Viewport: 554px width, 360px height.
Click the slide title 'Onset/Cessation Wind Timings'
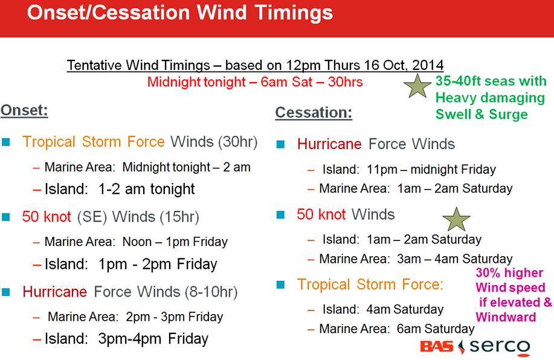(x=180, y=13)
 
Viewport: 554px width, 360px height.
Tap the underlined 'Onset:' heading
(x=24, y=110)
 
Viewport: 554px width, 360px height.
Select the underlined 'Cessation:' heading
(x=314, y=113)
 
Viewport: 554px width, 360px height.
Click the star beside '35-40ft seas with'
(x=417, y=86)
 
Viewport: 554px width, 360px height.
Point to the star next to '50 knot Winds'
(x=456, y=219)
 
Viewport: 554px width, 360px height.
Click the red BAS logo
(x=437, y=347)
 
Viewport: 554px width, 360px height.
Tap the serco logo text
(x=500, y=347)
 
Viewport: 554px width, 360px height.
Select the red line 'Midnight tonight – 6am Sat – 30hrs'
(x=255, y=82)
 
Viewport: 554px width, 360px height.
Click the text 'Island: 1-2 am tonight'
(x=120, y=189)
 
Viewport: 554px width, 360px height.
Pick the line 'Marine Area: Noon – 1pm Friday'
(x=136, y=242)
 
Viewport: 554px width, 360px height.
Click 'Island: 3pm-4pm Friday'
(x=126, y=339)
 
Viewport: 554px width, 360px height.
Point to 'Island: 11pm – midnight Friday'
(x=409, y=170)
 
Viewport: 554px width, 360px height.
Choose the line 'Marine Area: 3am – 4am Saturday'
(x=416, y=259)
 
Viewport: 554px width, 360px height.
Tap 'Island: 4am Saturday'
(x=383, y=309)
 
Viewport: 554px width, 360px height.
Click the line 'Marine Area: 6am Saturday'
(x=397, y=329)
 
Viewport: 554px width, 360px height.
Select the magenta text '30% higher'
(x=509, y=273)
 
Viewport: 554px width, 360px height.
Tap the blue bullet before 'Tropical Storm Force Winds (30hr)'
(x=6, y=142)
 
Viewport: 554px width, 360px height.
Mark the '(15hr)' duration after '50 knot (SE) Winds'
(x=179, y=217)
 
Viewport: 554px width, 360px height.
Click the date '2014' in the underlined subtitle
(x=428, y=65)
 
